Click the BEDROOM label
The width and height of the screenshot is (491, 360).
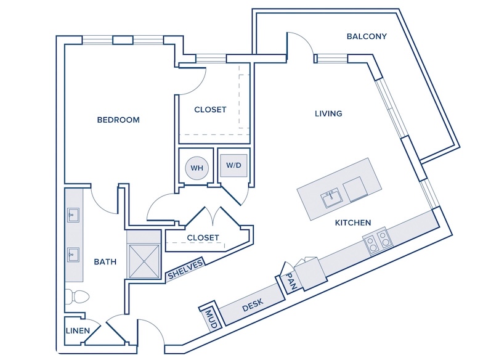pos(118,120)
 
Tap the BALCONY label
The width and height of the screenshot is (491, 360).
pos(367,36)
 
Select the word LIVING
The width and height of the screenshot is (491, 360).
pos(328,113)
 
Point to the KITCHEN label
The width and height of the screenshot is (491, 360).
pos(353,223)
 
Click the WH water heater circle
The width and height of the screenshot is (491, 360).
pos(197,168)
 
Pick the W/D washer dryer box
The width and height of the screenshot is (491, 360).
pos(234,165)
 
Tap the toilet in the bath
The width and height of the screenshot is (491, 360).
pos(77,297)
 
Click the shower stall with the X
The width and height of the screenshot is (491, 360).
pos(144,261)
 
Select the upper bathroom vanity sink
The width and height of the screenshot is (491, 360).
pos(73,215)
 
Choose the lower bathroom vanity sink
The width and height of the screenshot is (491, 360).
pos(73,255)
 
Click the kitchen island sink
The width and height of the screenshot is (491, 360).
pos(331,197)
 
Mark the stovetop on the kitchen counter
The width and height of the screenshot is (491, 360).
pos(378,240)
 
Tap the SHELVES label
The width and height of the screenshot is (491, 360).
pos(185,269)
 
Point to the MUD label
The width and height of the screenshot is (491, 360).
pos(211,319)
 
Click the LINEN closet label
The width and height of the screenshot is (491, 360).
pos(78,330)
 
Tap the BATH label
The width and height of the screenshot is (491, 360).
pos(105,261)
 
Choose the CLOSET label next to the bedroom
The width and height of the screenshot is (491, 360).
pos(210,110)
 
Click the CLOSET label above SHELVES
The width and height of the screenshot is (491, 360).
pos(203,238)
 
